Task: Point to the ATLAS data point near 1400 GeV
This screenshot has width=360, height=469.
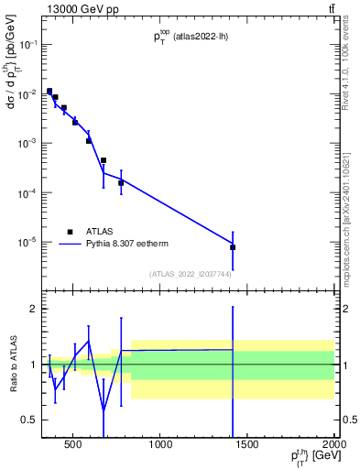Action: coord(233,247)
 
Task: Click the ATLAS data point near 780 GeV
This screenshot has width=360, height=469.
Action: coord(121,182)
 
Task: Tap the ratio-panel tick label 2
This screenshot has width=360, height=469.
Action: coord(33,310)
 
